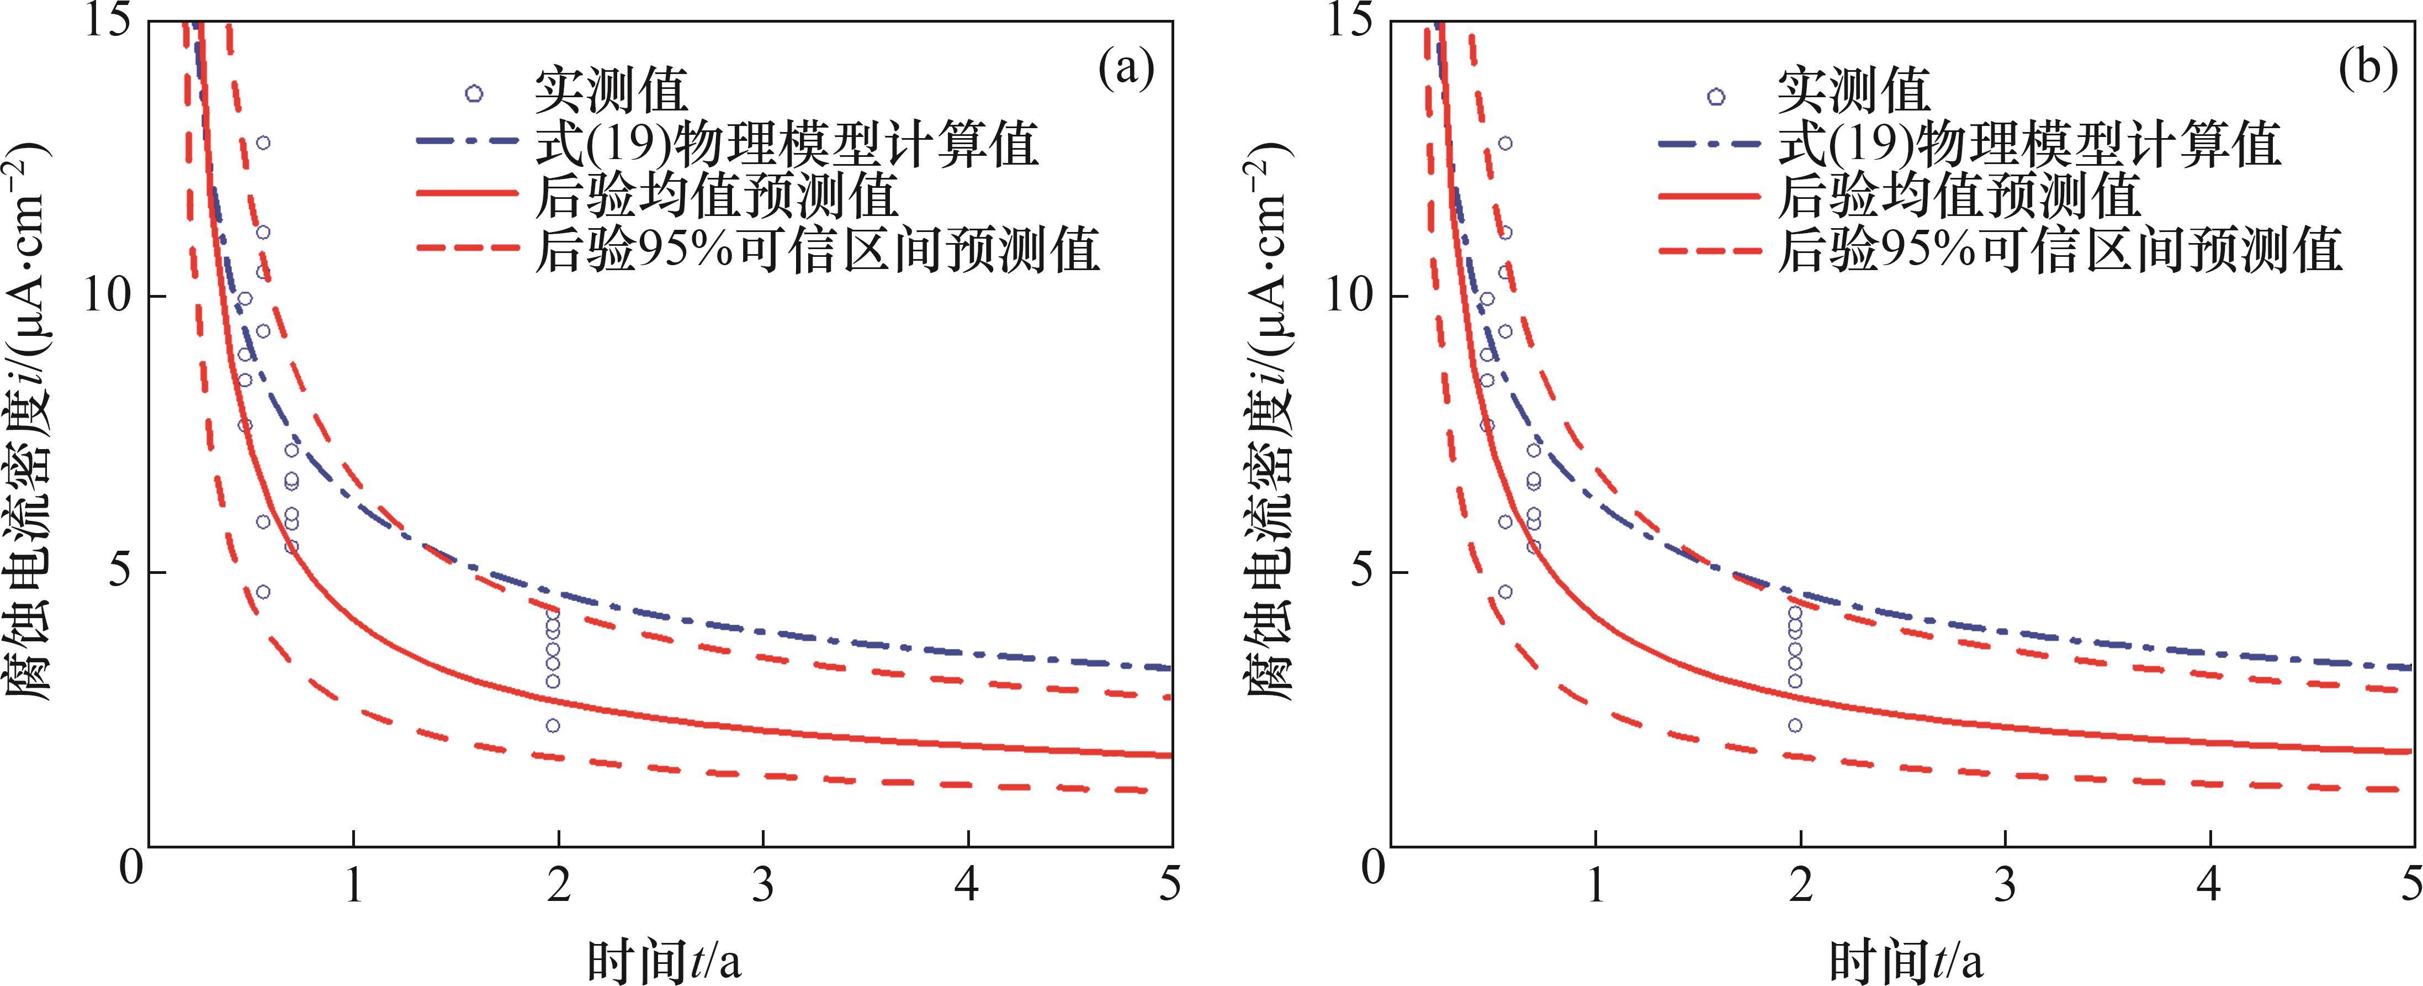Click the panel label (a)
tap(1126, 71)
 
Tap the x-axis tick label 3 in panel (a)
tap(763, 884)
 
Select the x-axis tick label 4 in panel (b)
tap(2209, 884)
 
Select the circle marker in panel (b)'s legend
tap(1716, 96)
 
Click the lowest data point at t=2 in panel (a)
tap(553, 725)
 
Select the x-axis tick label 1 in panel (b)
tap(1595, 884)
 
